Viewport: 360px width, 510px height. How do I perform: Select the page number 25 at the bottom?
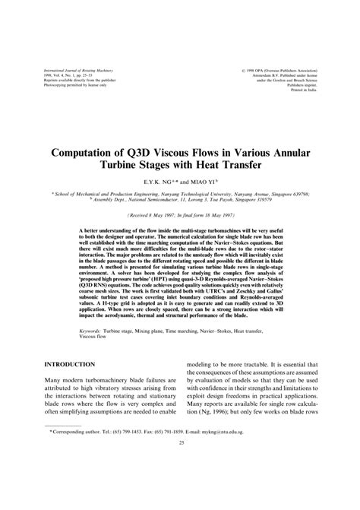point(180,483)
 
